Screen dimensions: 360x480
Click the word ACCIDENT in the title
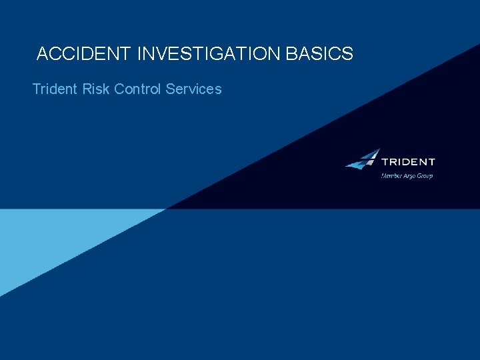(x=85, y=55)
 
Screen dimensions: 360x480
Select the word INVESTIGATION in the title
(x=209, y=55)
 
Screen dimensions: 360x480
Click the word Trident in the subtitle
(x=55, y=89)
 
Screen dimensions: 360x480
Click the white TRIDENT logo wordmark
(x=408, y=162)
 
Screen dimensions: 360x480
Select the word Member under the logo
(x=391, y=176)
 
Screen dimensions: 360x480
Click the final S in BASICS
(x=348, y=55)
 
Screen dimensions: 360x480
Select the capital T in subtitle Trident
(x=36, y=89)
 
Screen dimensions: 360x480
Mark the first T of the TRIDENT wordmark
(x=385, y=162)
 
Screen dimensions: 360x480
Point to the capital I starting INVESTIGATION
(x=139, y=55)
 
